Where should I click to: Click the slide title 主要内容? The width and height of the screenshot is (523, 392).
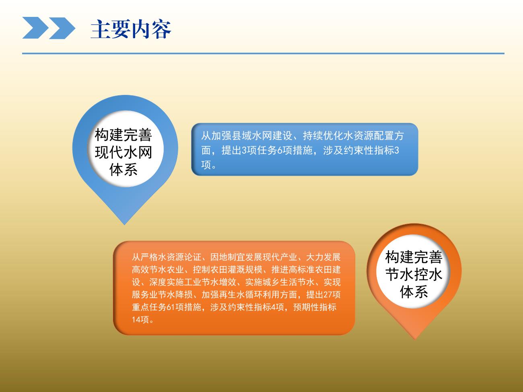pyautogui.click(x=131, y=29)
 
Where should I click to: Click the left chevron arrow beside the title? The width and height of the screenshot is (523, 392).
pyautogui.click(x=35, y=28)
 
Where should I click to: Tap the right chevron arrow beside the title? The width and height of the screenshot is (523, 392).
pyautogui.click(x=62, y=28)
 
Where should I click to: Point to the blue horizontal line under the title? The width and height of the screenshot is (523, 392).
pyautogui.click(x=263, y=53)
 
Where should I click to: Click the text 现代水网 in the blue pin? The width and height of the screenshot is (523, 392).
pyautogui.click(x=124, y=152)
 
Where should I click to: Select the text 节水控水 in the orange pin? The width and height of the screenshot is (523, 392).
pyautogui.click(x=414, y=275)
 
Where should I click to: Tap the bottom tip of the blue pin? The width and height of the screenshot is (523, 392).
pyautogui.click(x=124, y=224)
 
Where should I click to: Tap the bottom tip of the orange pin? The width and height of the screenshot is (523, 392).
pyautogui.click(x=415, y=339)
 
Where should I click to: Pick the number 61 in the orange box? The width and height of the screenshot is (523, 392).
pyautogui.click(x=171, y=307)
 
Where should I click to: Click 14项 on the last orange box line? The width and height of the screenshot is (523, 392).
pyautogui.click(x=140, y=320)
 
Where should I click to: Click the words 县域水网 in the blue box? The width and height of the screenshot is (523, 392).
pyautogui.click(x=252, y=136)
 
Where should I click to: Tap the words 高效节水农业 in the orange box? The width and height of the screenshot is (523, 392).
pyautogui.click(x=158, y=270)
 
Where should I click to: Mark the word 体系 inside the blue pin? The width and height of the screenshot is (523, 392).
pyautogui.click(x=124, y=170)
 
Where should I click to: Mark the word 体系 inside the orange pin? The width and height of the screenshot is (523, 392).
pyautogui.click(x=414, y=292)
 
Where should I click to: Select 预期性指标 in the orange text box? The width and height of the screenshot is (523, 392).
pyautogui.click(x=315, y=307)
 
